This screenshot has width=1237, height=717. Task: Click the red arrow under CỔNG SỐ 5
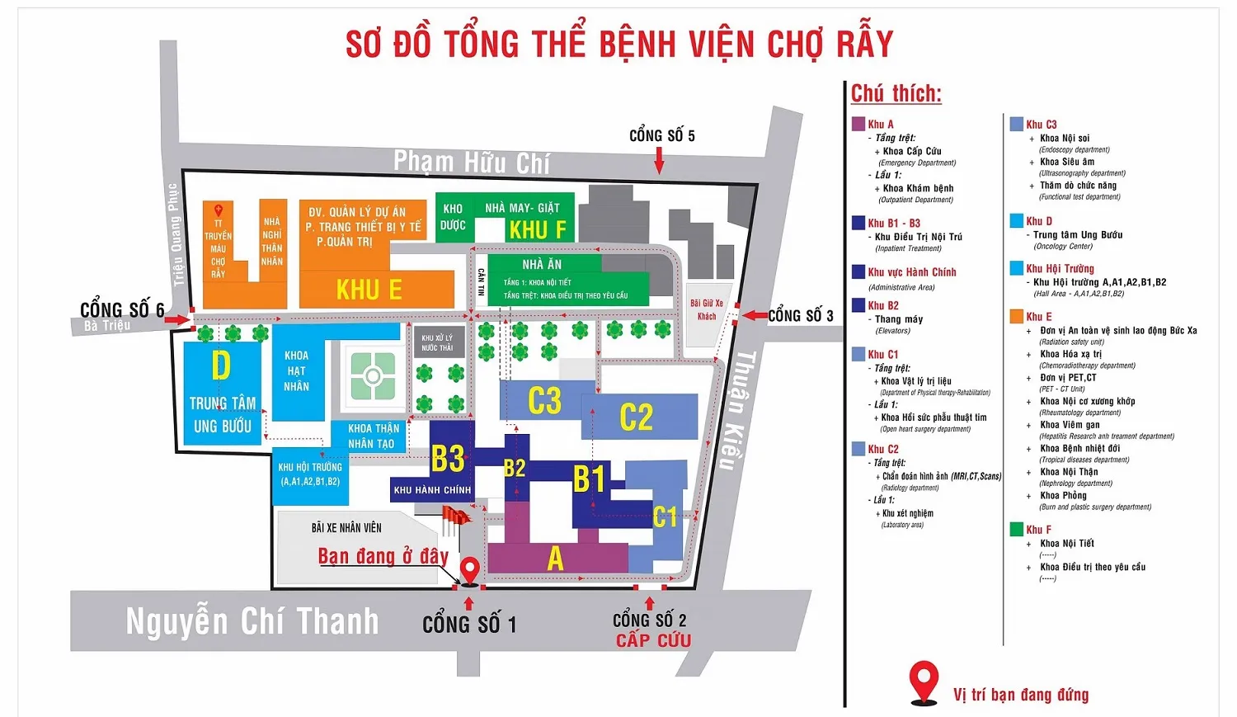pos(659,161)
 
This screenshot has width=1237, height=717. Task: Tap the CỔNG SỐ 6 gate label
pos(122,310)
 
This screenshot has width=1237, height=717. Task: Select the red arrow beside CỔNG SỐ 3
pos(755,315)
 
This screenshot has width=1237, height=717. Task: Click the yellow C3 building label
pos(544,401)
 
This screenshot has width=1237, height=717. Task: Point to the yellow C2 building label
pos(636,417)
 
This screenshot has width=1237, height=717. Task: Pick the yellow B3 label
pos(448,458)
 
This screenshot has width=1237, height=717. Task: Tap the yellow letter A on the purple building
pos(555,559)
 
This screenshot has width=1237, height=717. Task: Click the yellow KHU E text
pos(369,290)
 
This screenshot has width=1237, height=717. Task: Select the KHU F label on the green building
pos(538,229)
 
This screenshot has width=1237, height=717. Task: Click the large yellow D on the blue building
pos(220,366)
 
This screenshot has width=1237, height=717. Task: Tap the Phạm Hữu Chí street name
pos(471,162)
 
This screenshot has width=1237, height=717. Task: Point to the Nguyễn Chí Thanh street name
pos(252,621)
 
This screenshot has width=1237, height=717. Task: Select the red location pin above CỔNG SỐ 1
pos(469,570)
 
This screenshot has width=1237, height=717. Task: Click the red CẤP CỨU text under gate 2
pos(653,640)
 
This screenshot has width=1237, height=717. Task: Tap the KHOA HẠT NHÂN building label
pos(296,370)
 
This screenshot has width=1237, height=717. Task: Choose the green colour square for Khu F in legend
pos(1017,530)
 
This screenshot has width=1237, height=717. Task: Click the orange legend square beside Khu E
pos(1017,317)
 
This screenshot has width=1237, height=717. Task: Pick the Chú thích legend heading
pos(896,94)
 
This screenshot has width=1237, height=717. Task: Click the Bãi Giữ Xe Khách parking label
pos(707,309)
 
